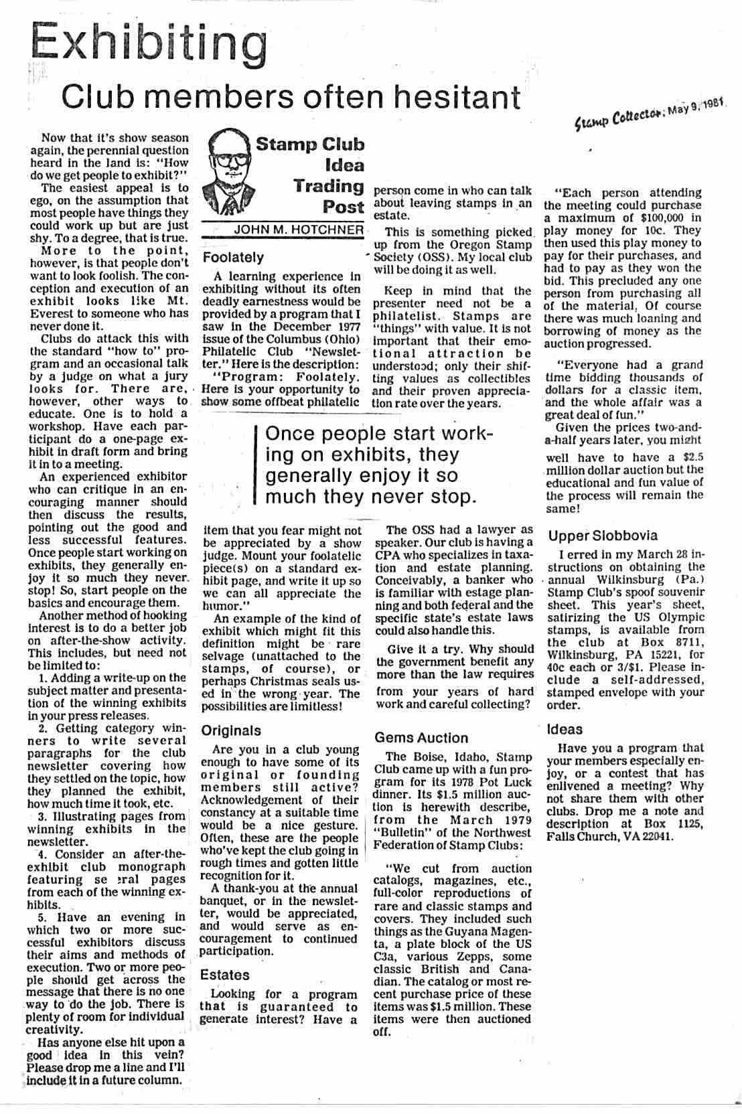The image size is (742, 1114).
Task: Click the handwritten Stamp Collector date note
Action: [650, 115]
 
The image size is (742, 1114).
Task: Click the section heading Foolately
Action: [233, 257]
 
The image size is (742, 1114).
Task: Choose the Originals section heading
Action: [231, 730]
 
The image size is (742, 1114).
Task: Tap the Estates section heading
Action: [224, 975]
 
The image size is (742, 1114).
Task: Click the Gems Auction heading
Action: [421, 737]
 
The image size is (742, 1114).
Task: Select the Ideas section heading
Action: [565, 729]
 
